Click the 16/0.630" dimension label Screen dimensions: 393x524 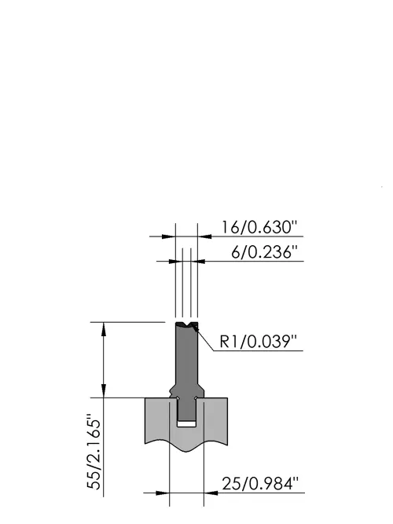[x=259, y=227]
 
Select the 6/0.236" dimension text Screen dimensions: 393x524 [x=264, y=252]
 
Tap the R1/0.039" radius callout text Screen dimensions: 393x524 [x=259, y=342]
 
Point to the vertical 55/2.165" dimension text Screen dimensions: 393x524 [x=94, y=453]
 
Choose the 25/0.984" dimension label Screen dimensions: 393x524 [x=259, y=483]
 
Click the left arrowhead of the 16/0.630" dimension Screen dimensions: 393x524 [x=169, y=236]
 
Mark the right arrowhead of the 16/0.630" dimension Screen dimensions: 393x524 [x=204, y=236]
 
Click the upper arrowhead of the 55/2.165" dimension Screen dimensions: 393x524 [x=104, y=329]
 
